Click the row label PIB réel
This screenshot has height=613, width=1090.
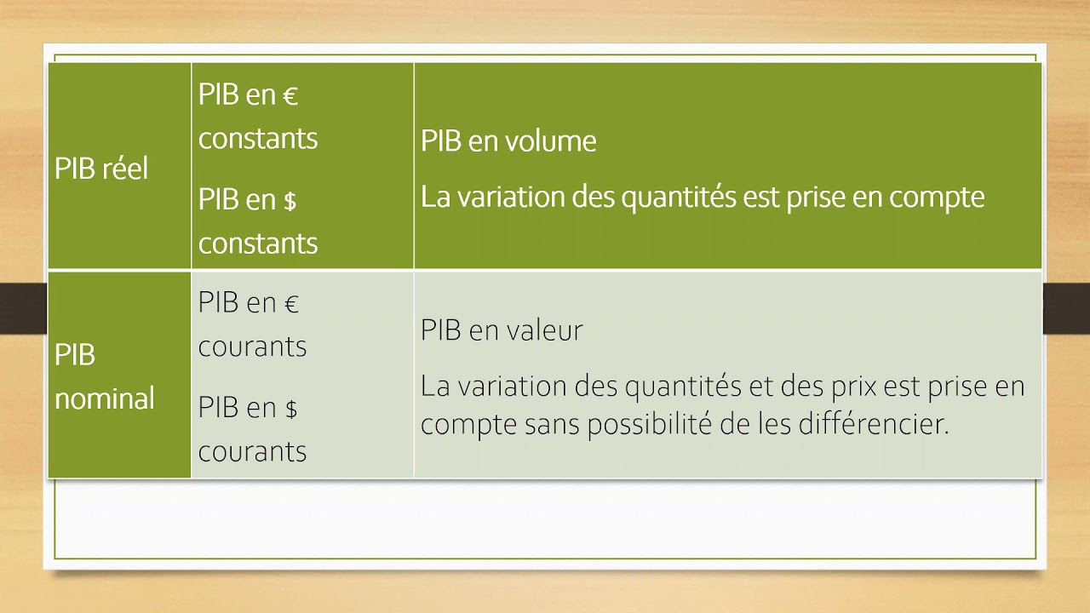click(101, 169)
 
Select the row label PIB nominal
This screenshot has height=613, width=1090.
click(104, 376)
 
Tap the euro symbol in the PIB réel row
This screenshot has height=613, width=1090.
click(290, 96)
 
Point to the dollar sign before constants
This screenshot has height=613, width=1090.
click(290, 201)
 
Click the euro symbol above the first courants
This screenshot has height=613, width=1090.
click(291, 304)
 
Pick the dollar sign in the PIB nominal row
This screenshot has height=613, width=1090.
click(290, 409)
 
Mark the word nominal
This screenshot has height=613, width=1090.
click(104, 398)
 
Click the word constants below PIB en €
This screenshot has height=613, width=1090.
click(258, 138)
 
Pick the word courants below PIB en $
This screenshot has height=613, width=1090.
click(252, 450)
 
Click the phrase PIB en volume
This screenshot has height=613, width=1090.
click(508, 141)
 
